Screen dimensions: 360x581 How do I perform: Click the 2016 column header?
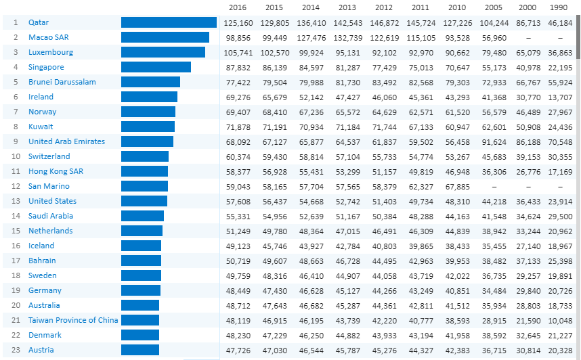tap(238, 7)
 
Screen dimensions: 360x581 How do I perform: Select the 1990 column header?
tap(559, 7)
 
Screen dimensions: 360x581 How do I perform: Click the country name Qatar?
tap(39, 22)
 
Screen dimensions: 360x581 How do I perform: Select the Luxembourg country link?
tap(51, 52)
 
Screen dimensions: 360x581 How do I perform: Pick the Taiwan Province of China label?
tap(73, 320)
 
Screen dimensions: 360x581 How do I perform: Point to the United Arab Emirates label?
tap(66, 141)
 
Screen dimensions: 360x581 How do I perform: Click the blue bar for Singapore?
tap(156, 67)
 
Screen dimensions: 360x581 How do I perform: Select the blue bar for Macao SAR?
tap(165, 37)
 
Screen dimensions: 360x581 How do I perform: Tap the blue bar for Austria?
tap(139, 350)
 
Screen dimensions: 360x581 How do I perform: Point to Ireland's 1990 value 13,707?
tap(559, 97)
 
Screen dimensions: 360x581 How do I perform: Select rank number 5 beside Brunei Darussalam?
tap(15, 82)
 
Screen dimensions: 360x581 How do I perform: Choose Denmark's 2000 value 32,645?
tap(530, 335)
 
